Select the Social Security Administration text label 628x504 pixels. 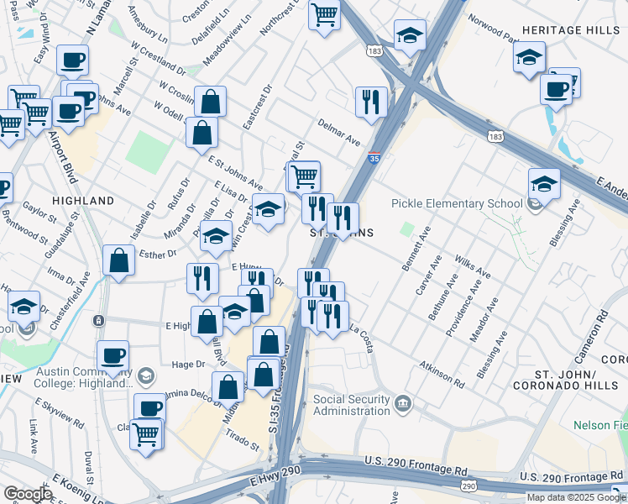(352, 405)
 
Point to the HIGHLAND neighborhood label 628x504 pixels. (83, 202)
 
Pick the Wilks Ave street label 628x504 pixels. (472, 265)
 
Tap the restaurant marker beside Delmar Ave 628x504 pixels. (370, 103)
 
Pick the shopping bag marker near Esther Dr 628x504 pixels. (119, 260)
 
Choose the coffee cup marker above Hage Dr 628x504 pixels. (112, 355)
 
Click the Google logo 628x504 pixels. (28, 494)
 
